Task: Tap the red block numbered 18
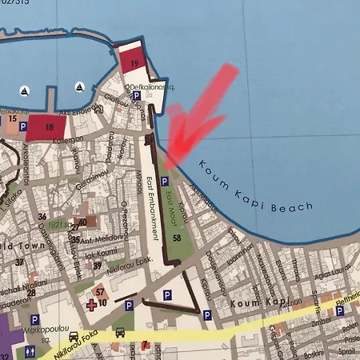tap(49, 125)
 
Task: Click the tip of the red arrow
tap(170, 154)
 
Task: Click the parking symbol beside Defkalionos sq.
tap(136, 96)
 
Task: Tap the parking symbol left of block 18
tap(23, 126)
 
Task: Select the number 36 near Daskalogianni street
tap(42, 217)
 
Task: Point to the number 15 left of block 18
tap(12, 118)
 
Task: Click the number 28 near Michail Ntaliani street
tap(30, 291)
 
